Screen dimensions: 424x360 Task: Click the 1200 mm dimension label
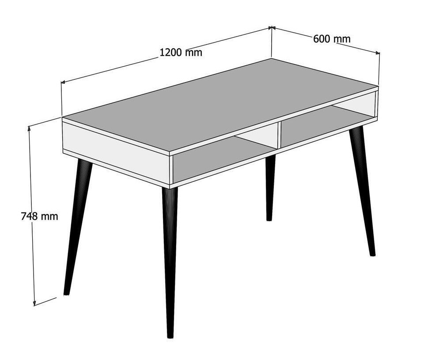(181, 52)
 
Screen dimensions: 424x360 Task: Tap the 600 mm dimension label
(332, 39)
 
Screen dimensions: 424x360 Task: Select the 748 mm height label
(39, 216)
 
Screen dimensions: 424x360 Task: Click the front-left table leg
(77, 227)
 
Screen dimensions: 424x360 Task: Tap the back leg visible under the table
(270, 187)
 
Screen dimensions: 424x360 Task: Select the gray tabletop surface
(220, 105)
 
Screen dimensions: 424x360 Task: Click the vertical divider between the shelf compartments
(279, 136)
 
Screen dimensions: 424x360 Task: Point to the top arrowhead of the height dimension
(29, 128)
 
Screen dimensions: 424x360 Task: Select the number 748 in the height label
(30, 216)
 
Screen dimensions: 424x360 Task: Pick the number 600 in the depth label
(322, 39)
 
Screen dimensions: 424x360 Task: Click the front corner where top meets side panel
(170, 156)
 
